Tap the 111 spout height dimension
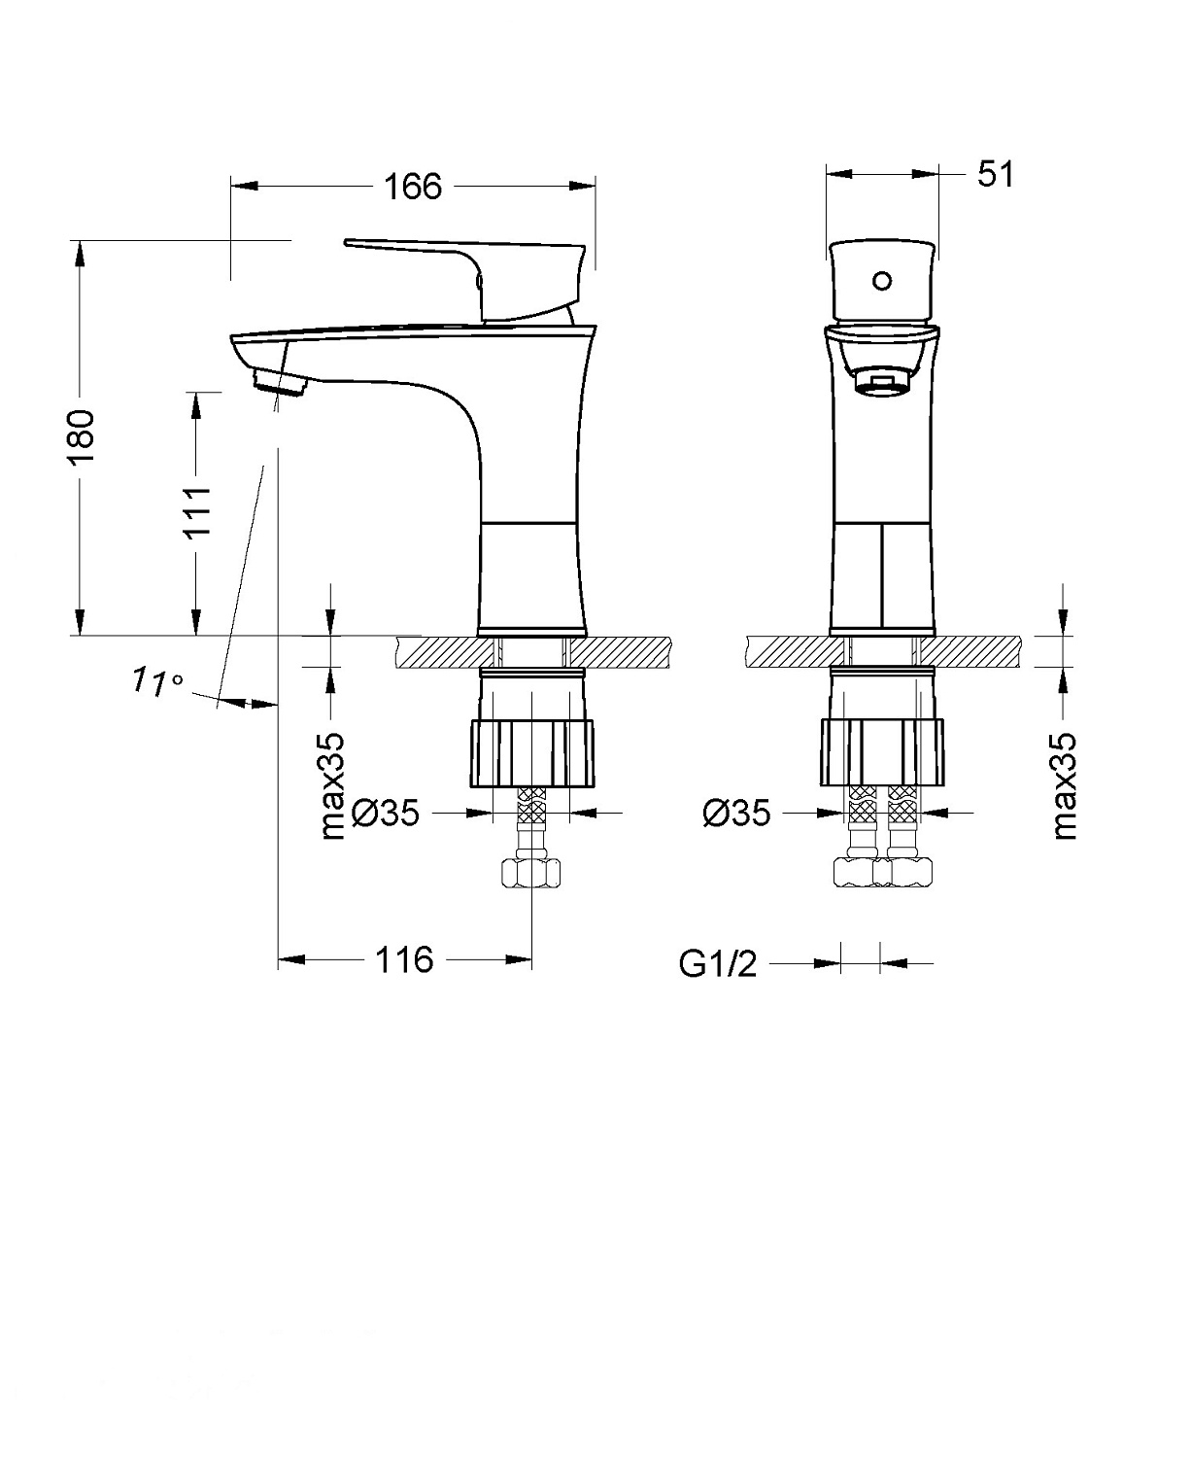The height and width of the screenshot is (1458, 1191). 197,512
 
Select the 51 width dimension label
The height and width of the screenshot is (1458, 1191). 994,175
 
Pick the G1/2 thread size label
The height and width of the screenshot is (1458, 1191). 717,964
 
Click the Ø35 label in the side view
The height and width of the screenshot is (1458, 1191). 385,813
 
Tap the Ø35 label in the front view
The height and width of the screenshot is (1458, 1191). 736,813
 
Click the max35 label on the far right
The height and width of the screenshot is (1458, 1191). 1065,785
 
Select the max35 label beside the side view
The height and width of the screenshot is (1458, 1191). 332,785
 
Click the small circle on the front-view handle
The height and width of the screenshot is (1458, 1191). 881,282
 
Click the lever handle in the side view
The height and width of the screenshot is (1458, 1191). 466,262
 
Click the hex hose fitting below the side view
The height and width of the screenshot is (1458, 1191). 531,872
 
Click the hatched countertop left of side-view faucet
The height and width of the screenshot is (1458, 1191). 437,652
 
